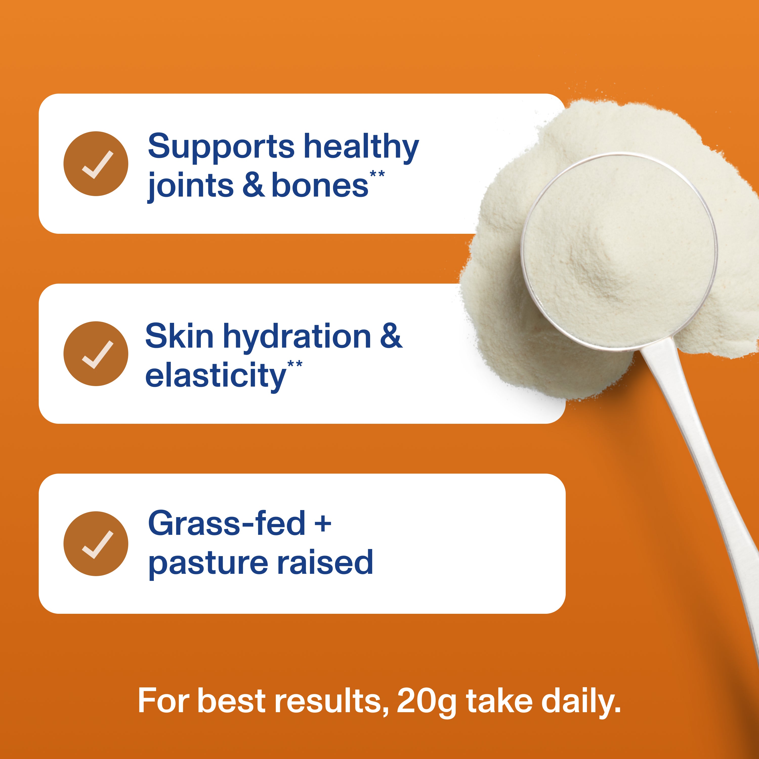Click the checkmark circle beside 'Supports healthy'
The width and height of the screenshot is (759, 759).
coord(96,163)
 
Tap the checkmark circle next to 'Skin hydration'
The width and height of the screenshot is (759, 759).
coord(96,354)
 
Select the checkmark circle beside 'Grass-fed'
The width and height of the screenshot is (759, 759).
coord(96,544)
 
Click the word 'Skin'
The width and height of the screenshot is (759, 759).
coord(179,337)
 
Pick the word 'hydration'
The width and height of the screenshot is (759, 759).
coord(297,338)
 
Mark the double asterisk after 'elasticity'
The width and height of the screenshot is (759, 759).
coord(295,364)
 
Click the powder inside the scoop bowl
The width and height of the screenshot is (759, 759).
coord(619,251)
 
